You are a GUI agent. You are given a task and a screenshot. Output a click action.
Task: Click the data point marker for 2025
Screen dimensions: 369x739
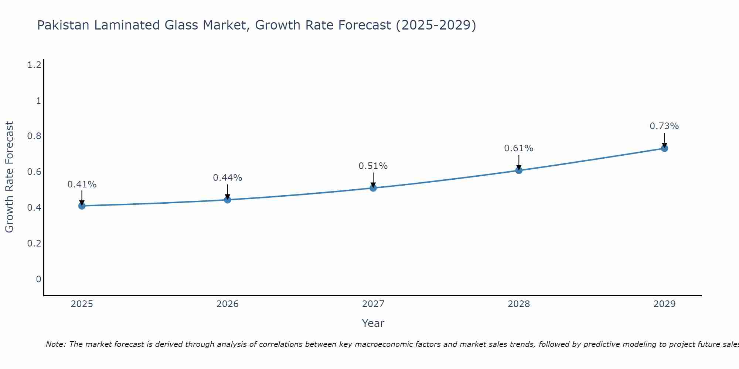tap(82, 206)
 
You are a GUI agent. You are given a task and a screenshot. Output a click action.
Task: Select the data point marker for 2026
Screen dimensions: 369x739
tap(228, 200)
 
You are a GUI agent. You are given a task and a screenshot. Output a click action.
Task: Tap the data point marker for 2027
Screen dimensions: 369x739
tap(373, 188)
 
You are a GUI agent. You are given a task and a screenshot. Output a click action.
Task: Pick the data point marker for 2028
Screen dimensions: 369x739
tap(519, 170)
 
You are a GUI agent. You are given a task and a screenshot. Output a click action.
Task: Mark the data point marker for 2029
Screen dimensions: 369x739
tap(664, 148)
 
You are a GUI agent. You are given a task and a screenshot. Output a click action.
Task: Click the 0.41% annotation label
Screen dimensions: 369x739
tap(82, 184)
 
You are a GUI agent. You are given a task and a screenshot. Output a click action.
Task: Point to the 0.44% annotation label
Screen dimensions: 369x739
tap(228, 178)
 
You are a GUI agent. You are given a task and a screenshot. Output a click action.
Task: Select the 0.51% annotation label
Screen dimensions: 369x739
tap(373, 166)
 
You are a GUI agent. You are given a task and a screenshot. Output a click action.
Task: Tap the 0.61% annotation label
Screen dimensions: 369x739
tap(519, 148)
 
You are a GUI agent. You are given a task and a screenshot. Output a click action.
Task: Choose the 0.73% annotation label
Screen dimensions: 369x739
tap(664, 126)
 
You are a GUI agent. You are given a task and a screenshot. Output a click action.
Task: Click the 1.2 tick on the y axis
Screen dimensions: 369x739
tap(34, 65)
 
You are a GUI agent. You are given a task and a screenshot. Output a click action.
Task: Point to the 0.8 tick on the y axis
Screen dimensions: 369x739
tap(34, 136)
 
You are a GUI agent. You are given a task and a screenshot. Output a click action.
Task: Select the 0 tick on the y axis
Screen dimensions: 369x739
tap(38, 279)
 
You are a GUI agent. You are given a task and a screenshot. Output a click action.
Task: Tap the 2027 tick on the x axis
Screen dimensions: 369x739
tap(373, 304)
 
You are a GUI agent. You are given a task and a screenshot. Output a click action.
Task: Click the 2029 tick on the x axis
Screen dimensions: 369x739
tap(664, 304)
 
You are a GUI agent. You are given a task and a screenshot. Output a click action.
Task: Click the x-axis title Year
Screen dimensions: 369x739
tap(373, 323)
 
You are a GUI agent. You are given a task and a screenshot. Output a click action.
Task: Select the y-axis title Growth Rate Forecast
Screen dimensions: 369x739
tap(9, 177)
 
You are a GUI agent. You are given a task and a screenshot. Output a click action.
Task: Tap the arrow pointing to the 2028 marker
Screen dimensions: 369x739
tap(519, 162)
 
